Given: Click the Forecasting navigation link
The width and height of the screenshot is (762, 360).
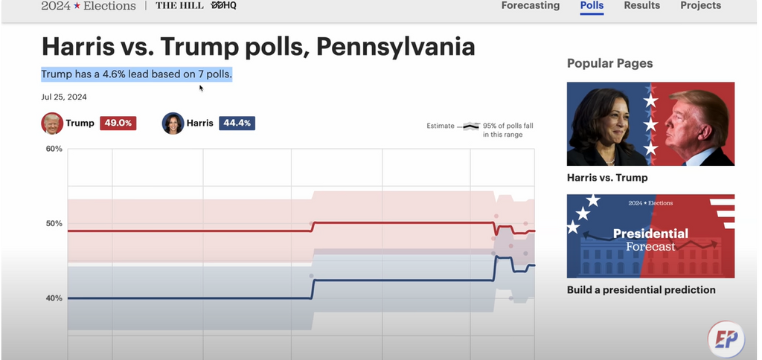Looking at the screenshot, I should (530, 6).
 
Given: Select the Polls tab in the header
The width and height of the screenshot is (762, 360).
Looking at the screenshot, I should (592, 6).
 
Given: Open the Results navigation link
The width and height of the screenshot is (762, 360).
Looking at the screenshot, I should (641, 6).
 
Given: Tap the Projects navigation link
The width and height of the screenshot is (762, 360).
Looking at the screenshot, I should (700, 6).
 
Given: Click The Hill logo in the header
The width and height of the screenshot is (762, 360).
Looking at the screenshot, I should (179, 6).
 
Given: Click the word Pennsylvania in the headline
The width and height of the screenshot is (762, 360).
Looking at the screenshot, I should (395, 47).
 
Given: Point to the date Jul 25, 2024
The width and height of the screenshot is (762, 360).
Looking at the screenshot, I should (64, 97).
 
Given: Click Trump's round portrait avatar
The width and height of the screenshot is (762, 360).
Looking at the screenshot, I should (52, 123).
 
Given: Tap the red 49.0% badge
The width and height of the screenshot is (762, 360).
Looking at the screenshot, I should (118, 123).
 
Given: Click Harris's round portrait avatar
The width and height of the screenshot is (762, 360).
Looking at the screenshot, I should (173, 123).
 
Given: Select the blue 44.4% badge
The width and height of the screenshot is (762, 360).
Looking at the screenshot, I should (237, 123).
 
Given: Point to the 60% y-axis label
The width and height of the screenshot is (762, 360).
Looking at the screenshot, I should (54, 149).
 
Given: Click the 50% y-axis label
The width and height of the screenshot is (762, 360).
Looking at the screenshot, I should (54, 224).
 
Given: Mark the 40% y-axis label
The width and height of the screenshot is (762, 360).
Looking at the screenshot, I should (54, 298).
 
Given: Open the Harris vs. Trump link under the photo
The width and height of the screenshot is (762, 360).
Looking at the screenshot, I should (607, 178).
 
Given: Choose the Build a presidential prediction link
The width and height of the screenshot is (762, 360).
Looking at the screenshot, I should (641, 290).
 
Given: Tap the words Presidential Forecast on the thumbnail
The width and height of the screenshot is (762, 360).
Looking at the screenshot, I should (650, 240).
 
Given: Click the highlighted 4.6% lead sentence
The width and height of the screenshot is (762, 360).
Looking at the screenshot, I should (136, 74).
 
